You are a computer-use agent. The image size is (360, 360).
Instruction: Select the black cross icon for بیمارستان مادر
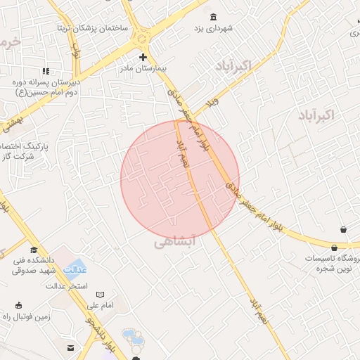[x=143, y=56]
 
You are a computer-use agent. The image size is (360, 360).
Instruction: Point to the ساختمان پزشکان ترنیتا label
[x=94, y=27]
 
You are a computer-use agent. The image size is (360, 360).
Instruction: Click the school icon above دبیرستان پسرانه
[x=46, y=71]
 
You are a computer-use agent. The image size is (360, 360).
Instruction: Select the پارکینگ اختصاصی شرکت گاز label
[x=15, y=151]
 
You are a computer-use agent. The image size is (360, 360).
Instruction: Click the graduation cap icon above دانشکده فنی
[x=34, y=250]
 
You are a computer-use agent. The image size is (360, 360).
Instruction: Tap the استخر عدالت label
[x=67, y=285]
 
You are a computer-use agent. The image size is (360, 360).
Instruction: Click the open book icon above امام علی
[x=100, y=294]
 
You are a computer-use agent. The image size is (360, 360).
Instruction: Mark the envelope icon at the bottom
[x=70, y=348]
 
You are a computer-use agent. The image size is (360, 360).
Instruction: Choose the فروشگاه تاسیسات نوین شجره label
[x=332, y=264]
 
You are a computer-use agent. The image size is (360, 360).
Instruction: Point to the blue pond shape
[x=132, y=337]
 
